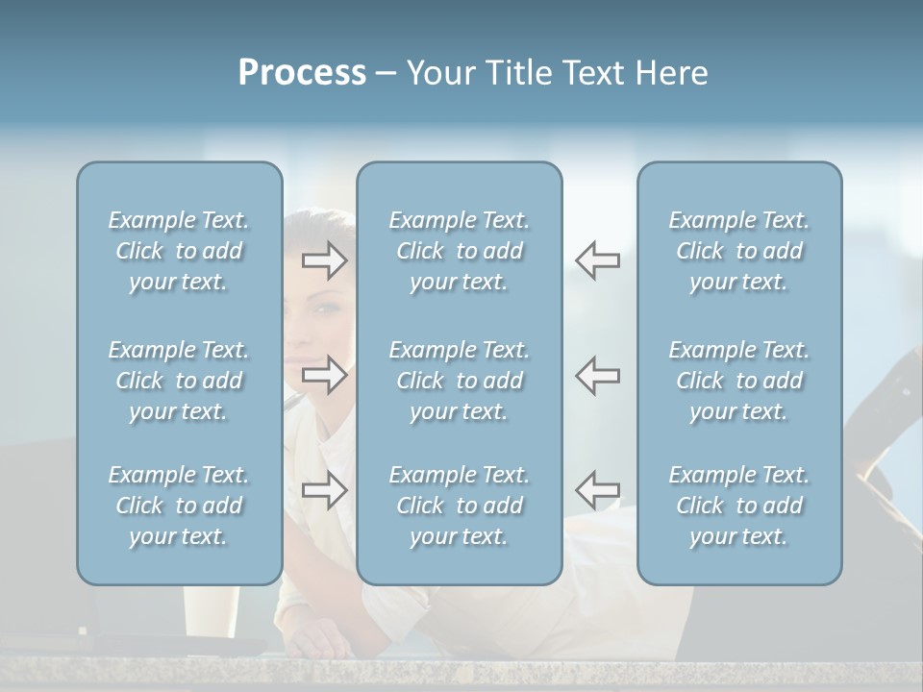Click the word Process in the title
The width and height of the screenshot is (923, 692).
(x=302, y=73)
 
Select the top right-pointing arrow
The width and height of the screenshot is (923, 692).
(x=324, y=260)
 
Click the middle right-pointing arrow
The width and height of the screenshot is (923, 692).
(x=324, y=375)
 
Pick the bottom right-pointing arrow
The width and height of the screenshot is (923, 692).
(x=324, y=490)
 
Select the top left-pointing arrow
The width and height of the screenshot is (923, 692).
(x=597, y=260)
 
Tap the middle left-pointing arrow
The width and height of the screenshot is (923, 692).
(x=597, y=375)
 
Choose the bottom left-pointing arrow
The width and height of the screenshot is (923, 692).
(x=597, y=490)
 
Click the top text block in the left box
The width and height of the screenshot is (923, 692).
(x=179, y=251)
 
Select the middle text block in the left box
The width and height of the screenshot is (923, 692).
(x=179, y=381)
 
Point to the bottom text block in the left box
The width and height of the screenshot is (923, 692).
(x=179, y=506)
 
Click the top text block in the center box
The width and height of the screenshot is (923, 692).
(x=459, y=251)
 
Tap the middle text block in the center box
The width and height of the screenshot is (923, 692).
(x=459, y=381)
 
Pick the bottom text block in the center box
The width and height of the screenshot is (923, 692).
(x=459, y=506)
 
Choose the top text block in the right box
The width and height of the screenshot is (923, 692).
(x=738, y=251)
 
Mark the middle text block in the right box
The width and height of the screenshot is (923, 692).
(x=738, y=381)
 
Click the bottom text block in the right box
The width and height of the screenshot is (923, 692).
(x=738, y=506)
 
